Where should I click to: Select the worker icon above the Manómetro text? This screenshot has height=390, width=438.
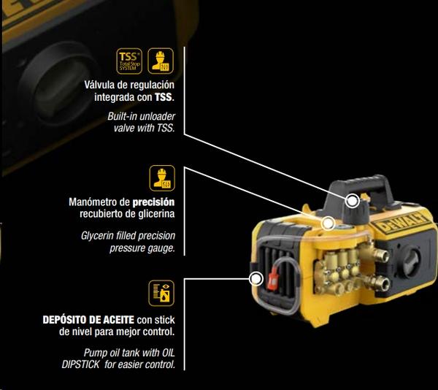[159, 177]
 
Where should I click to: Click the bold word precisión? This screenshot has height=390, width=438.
[153, 202]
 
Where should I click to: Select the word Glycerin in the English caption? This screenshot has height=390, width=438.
[99, 237]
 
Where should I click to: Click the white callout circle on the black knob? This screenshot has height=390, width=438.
[353, 200]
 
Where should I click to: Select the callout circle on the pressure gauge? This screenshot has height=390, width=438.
[328, 223]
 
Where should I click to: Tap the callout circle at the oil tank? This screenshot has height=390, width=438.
[256, 278]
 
